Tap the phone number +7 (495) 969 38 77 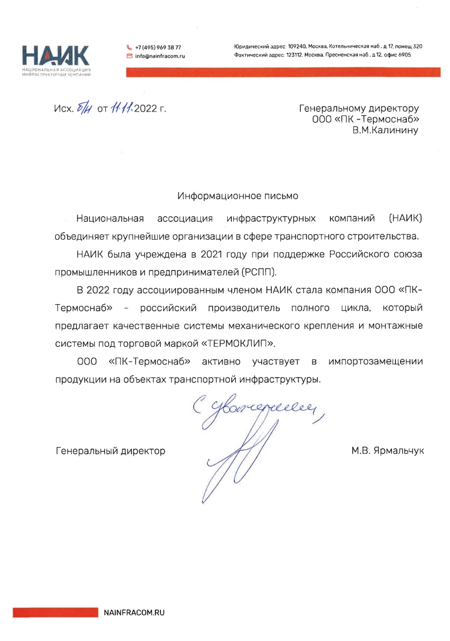click(158, 47)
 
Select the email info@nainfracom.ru click(160, 56)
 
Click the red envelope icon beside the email click(130, 56)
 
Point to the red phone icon click(130, 47)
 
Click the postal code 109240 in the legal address click(297, 46)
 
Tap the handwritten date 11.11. click(122, 108)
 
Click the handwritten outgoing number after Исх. click(85, 108)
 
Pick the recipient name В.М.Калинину click(385, 130)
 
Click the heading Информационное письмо click(238, 196)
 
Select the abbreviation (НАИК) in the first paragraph click(405, 218)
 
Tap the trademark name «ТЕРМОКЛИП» click(238, 344)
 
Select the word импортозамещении click(375, 361)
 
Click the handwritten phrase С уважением click(257, 407)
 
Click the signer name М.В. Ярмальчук click(387, 451)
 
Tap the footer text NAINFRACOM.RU click(134, 613)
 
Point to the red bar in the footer click(55, 613)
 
